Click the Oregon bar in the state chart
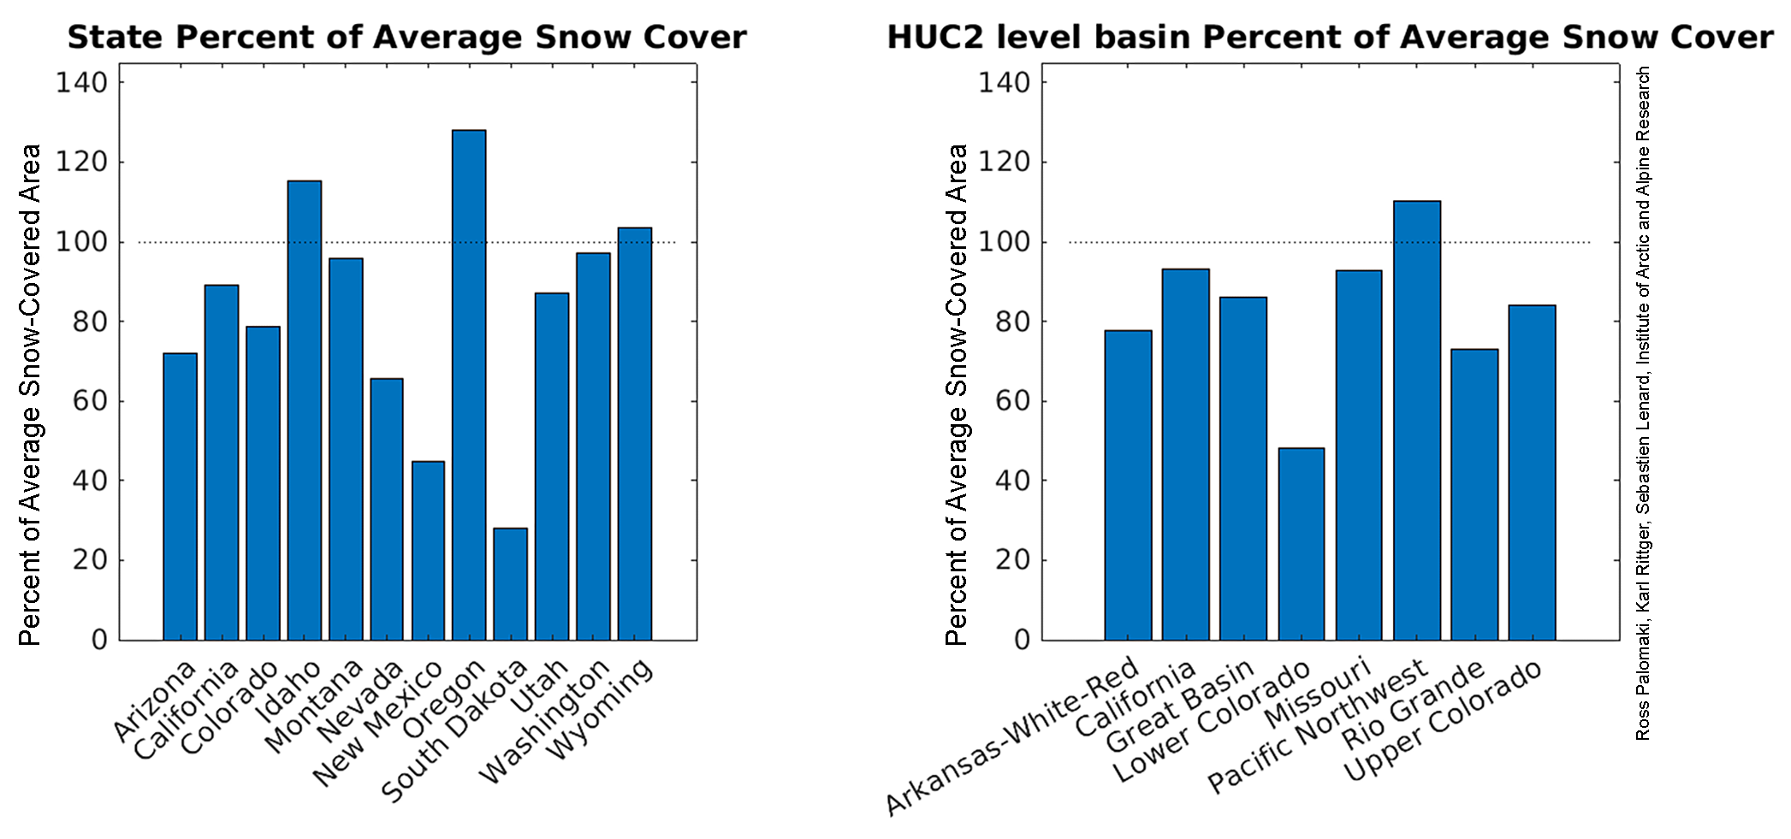(469, 385)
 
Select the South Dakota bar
(510, 584)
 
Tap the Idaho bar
(304, 411)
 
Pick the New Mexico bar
(428, 551)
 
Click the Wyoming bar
(635, 434)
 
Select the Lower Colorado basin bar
(1301, 544)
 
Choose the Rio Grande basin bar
(1474, 494)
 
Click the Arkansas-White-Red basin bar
(1128, 485)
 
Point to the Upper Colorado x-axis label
(1443, 721)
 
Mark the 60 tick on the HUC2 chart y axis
(1013, 401)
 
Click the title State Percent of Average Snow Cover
(406, 38)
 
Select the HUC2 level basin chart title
(1329, 38)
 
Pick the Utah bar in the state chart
(552, 466)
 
